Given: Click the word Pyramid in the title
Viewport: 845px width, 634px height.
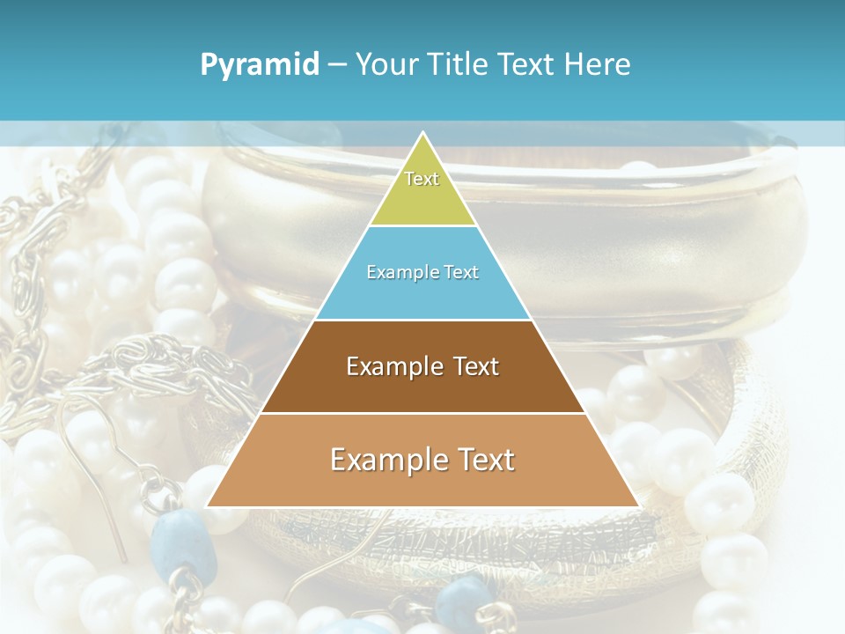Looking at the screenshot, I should click(x=260, y=65).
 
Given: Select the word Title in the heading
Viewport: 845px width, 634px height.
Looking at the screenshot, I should click(x=460, y=65).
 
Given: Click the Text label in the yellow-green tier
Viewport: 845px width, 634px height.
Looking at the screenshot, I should click(x=422, y=179).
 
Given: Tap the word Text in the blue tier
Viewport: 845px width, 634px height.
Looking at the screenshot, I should click(x=460, y=273).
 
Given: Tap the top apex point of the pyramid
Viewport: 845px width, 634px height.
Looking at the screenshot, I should click(x=422, y=133).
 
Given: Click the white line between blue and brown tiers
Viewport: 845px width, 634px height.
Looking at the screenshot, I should click(x=422, y=320).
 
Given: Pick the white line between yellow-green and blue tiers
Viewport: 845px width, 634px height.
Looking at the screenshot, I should click(x=422, y=226).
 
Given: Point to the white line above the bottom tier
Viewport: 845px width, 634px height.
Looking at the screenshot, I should click(x=422, y=413).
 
